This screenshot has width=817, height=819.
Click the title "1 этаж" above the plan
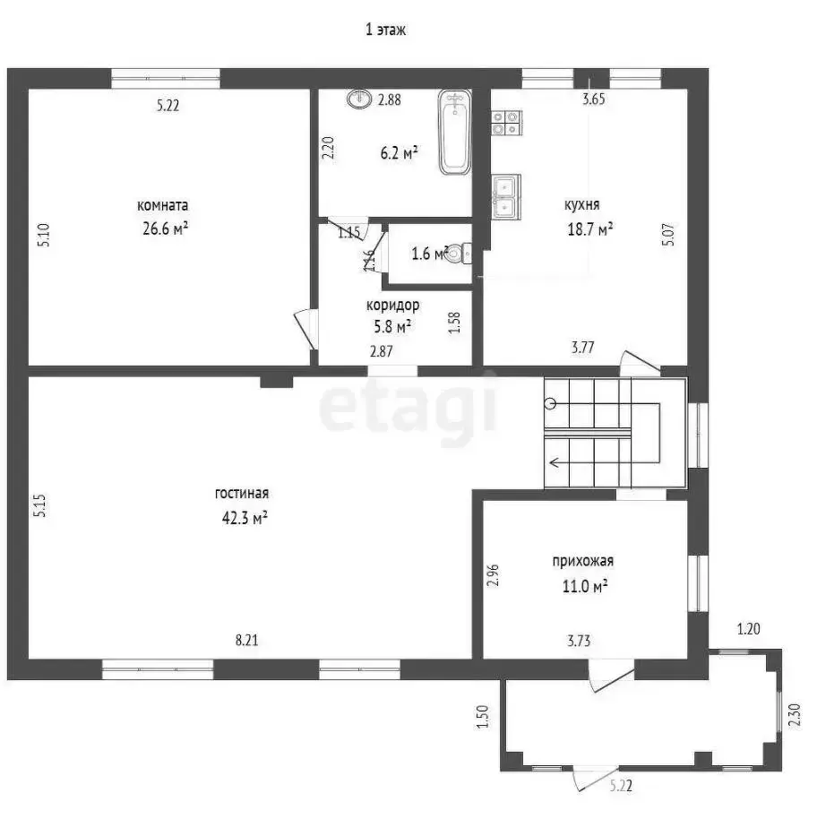click(x=386, y=30)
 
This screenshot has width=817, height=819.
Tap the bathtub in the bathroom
click(x=455, y=132)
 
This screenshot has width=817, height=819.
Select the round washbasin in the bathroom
click(x=359, y=99)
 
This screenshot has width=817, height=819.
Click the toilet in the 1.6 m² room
click(x=460, y=254)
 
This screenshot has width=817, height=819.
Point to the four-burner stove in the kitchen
click(x=506, y=124)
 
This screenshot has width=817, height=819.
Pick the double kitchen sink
click(x=506, y=196)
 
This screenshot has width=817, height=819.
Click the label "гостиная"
click(x=242, y=494)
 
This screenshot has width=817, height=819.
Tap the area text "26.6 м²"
click(x=165, y=228)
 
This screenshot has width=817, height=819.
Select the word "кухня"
click(x=582, y=204)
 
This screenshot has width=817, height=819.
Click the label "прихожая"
click(x=583, y=562)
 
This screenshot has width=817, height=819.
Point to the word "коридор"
click(x=392, y=305)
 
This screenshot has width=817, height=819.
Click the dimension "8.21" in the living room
click(x=246, y=641)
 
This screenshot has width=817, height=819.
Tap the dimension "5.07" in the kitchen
click(x=668, y=235)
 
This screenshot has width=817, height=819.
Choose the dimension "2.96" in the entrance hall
click(x=493, y=574)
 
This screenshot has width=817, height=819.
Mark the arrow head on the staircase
click(x=554, y=462)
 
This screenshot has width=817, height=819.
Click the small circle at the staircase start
click(x=550, y=404)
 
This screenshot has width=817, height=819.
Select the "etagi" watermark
click(x=408, y=408)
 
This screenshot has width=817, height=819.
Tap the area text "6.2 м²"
click(x=399, y=153)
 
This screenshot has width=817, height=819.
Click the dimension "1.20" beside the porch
click(x=749, y=629)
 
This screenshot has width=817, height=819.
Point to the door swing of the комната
click(x=305, y=330)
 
